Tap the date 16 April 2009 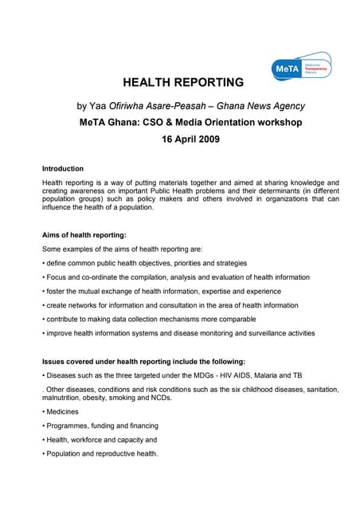(x=179, y=139)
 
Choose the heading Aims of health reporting (x=84, y=235)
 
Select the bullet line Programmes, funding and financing (x=101, y=426)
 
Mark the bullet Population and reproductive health (x=101, y=453)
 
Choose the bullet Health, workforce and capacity (x=100, y=440)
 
